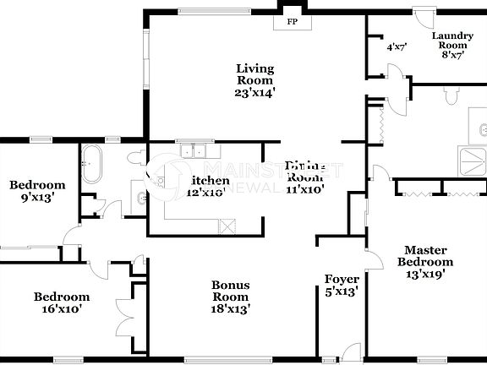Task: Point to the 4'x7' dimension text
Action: (397, 48)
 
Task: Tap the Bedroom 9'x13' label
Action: (37, 191)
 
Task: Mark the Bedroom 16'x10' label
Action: (62, 302)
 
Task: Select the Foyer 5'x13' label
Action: (342, 285)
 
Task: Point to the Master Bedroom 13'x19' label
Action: (425, 261)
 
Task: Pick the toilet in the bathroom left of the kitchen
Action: (136, 159)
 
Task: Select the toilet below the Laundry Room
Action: (451, 97)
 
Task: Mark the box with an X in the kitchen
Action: (227, 226)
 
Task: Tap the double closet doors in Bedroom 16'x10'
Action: (127, 308)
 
